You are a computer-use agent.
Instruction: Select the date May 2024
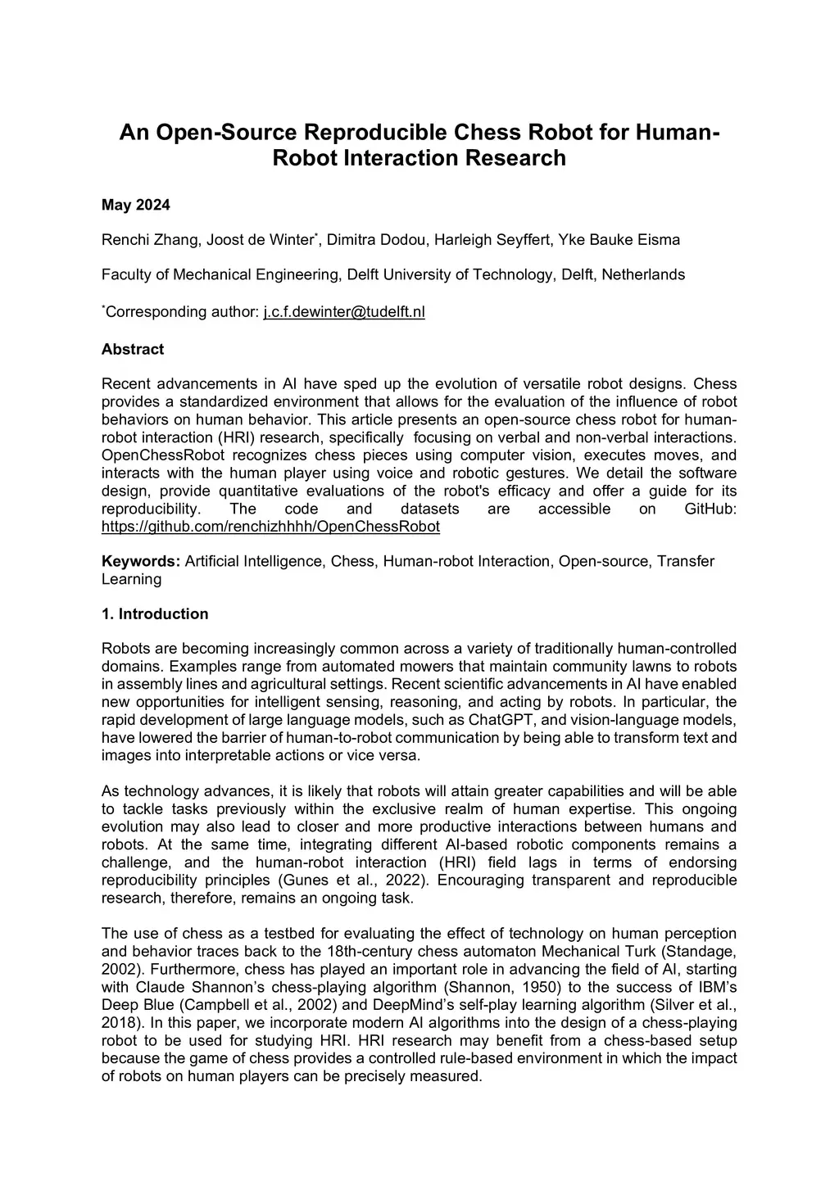click(135, 205)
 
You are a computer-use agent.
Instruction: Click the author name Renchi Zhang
click(149, 240)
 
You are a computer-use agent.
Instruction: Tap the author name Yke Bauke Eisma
click(619, 240)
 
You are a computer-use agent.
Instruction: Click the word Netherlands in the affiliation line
click(643, 274)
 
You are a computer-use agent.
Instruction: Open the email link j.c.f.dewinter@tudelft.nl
click(344, 312)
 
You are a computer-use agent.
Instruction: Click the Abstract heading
click(132, 349)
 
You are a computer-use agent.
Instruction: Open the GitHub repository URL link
click(270, 527)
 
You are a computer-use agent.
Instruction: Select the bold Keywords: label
click(141, 561)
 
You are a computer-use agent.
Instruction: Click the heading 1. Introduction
click(154, 613)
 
